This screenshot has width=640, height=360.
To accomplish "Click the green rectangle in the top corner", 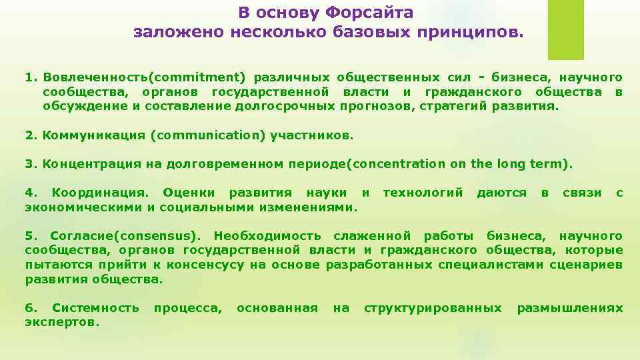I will click(565, 30).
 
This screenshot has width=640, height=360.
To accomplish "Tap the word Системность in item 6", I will click(95, 308).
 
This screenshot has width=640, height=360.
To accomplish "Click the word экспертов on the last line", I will click(61, 322).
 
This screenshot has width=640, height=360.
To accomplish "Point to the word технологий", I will click(423, 193).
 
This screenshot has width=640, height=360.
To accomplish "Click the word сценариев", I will click(586, 265).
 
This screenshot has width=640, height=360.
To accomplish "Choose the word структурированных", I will click(433, 308).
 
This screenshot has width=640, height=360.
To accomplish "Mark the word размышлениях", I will click(570, 308).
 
